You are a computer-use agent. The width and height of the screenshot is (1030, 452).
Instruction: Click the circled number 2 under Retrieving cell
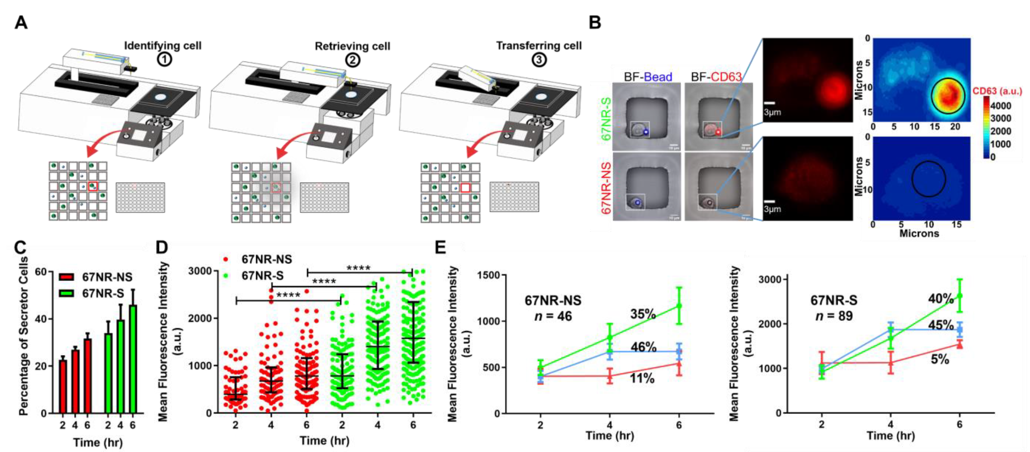tap(352, 60)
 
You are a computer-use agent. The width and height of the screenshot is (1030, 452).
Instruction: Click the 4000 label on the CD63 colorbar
tap(1001, 105)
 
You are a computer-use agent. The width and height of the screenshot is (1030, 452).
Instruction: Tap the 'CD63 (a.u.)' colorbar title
tap(997, 91)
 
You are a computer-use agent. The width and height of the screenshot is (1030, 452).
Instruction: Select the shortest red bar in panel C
tap(63, 386)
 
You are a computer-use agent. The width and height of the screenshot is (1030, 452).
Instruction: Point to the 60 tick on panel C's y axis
tap(41, 272)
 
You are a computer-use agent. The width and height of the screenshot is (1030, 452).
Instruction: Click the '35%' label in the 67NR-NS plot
tap(643, 314)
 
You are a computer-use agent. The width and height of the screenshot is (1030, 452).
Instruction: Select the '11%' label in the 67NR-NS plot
tap(642, 378)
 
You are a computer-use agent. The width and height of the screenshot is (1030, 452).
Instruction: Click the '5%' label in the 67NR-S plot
tap(940, 359)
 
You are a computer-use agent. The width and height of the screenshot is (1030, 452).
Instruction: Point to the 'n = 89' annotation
tap(834, 316)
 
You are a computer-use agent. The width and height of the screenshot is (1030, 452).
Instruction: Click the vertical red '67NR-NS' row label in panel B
tap(605, 188)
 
